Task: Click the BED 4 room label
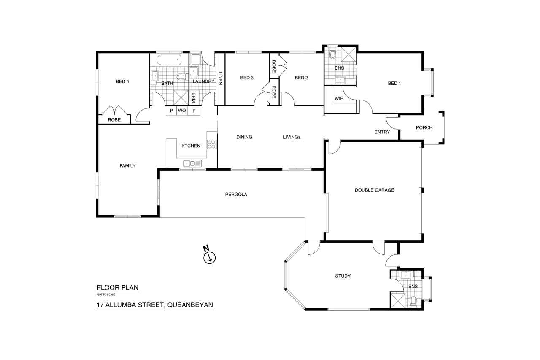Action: [122, 81]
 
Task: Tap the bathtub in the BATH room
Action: [169, 60]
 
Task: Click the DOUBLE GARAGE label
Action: [374, 190]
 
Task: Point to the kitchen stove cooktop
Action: [211, 144]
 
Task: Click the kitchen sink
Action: [192, 163]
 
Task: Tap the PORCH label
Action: [424, 127]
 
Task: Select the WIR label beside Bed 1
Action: [339, 98]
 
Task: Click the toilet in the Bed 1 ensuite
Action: [333, 54]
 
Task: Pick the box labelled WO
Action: [182, 111]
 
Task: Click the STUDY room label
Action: [343, 276]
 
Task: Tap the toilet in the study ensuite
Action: [413, 302]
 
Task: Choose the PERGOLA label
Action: [236, 194]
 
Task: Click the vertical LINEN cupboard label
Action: [220, 78]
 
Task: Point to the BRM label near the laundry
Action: [194, 97]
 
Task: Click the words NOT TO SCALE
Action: [106, 295]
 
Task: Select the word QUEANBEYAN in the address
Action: [190, 305]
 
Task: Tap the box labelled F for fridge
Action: [194, 111]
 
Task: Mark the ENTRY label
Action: [382, 132]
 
